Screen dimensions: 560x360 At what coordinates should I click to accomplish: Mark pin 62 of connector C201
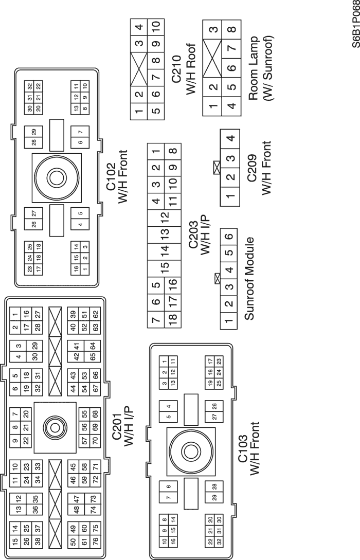coord(96,312)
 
